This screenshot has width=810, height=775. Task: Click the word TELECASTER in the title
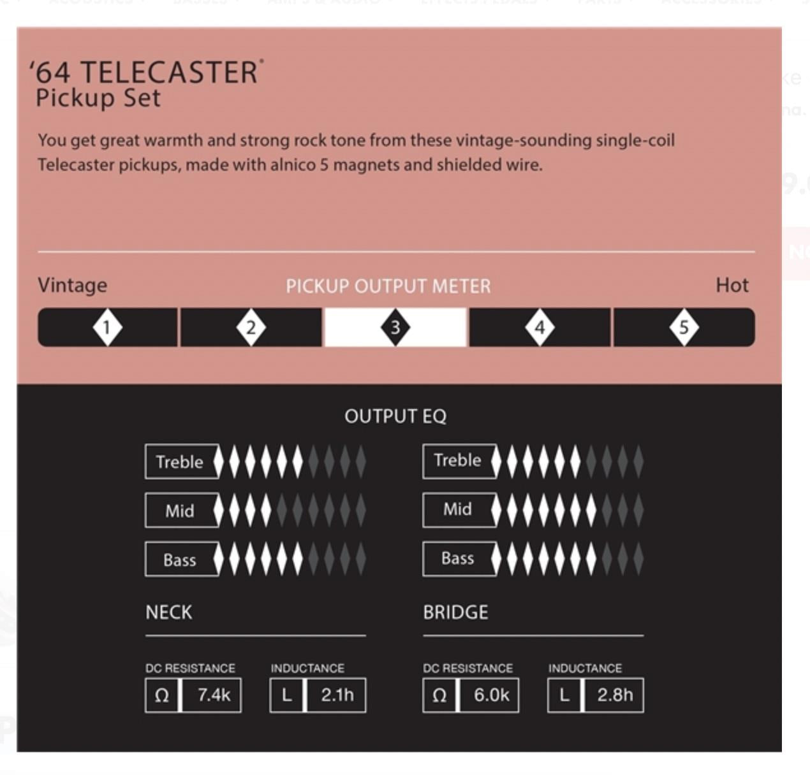[169, 73]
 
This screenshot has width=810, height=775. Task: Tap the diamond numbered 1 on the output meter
[107, 328]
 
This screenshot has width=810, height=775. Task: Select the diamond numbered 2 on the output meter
[251, 328]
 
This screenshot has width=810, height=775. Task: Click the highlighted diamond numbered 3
[395, 328]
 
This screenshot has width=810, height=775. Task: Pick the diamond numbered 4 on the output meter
[540, 328]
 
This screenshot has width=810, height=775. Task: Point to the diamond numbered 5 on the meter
[684, 328]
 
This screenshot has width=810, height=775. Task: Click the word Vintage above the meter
[73, 286]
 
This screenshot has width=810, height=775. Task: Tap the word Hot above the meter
[732, 286]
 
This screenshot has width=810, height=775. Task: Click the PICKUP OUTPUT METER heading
[388, 286]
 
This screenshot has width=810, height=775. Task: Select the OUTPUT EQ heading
[395, 416]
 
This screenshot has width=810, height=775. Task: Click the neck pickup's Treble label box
[182, 461]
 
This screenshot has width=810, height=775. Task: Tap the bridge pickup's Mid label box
[459, 510]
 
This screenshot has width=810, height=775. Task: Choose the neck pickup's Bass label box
[182, 559]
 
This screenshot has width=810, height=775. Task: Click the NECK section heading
[169, 612]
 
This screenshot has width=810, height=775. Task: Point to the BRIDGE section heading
[456, 612]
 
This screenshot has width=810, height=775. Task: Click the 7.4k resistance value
[214, 695]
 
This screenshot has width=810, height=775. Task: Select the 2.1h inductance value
[337, 695]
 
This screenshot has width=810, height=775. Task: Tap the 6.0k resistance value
[492, 695]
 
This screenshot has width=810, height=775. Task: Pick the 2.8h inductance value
[615, 695]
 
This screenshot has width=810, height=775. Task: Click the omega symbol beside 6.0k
[439, 695]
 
